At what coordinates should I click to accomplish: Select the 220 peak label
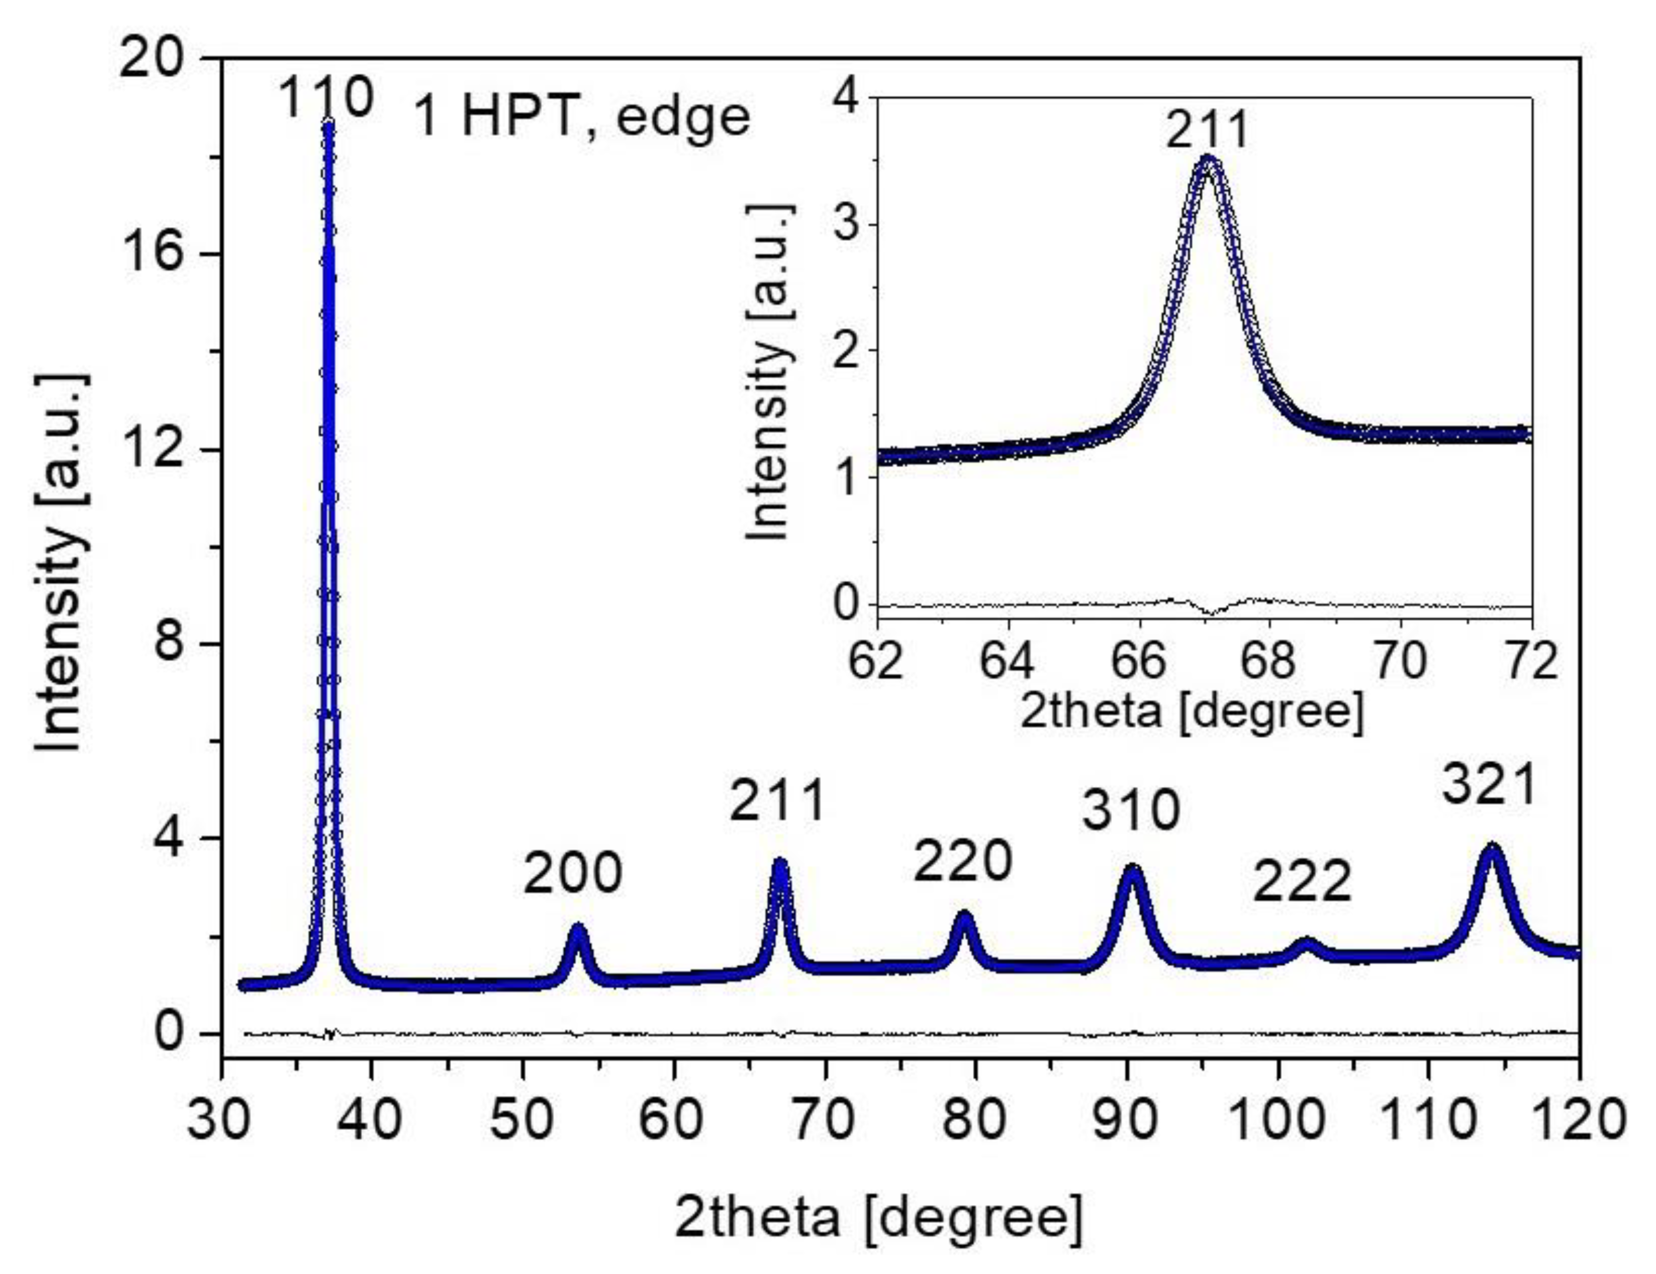(962, 861)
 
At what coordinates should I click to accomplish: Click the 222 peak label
(1302, 882)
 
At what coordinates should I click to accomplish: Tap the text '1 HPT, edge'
(581, 118)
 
